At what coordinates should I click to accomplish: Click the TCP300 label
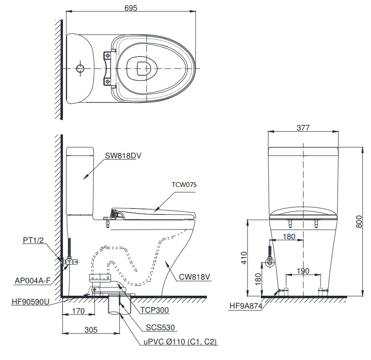pos(155,310)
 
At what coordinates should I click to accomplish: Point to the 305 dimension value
pos(91,329)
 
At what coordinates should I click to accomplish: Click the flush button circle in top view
pos(80,68)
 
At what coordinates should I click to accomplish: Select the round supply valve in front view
pos(271,264)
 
